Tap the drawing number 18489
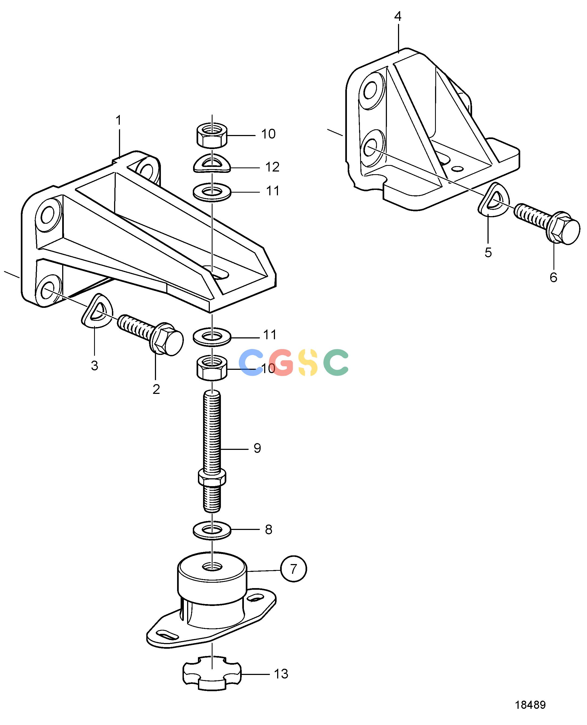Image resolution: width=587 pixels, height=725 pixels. click(530, 705)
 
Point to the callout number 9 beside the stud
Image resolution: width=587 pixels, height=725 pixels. click(257, 448)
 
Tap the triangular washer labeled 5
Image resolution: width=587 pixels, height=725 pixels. click(493, 200)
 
